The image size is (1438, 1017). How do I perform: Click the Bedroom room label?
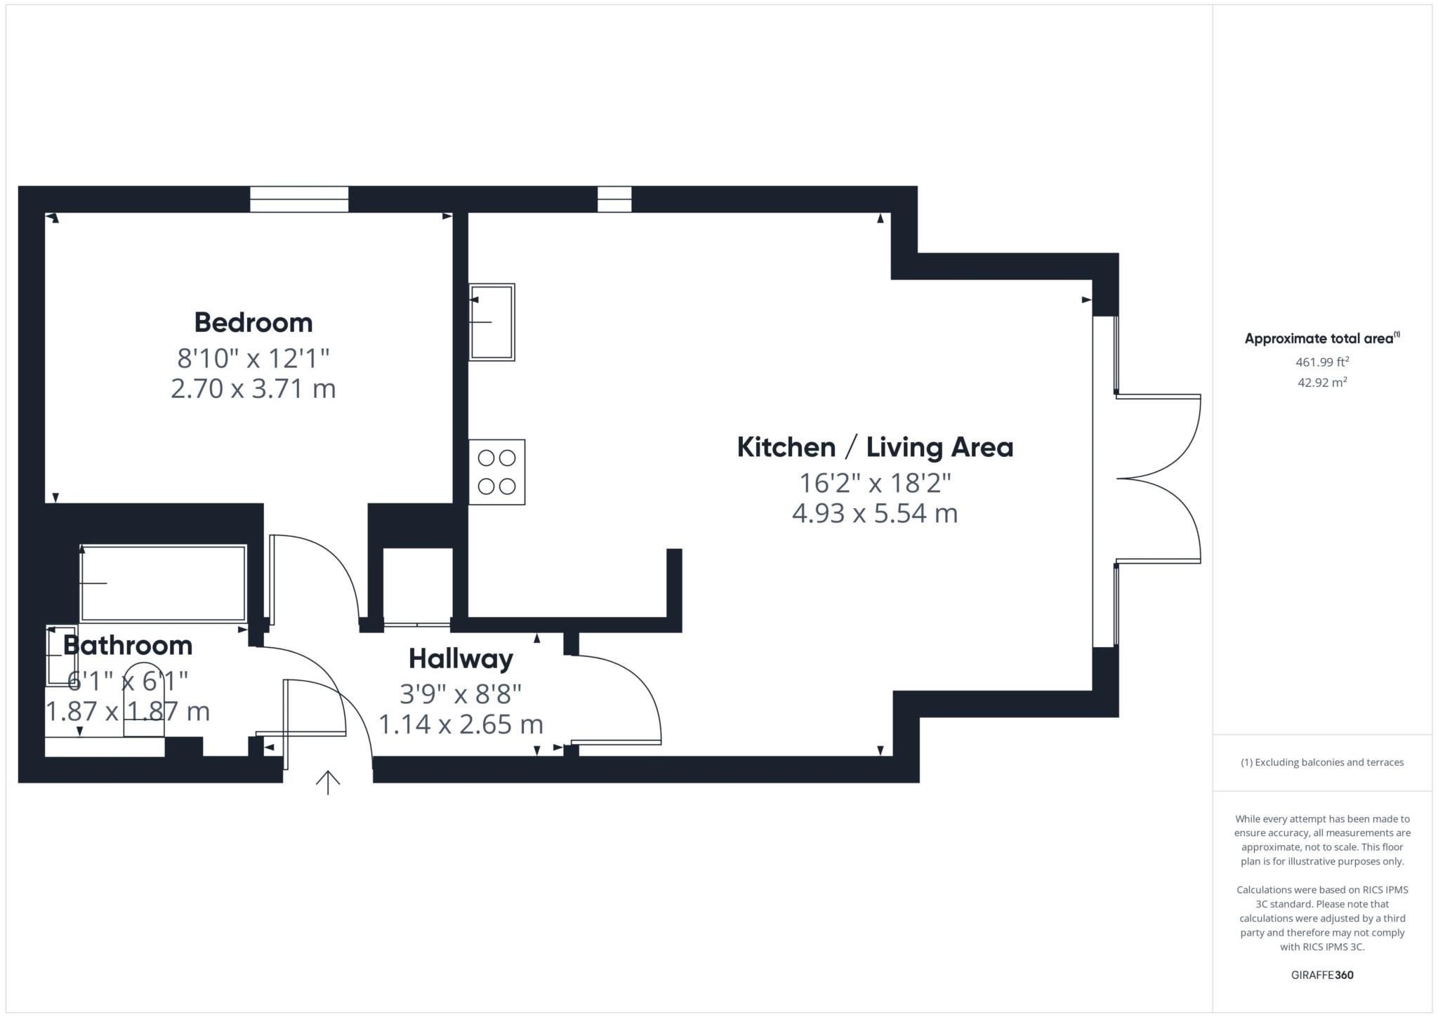[253, 323]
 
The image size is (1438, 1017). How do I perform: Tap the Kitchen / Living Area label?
[875, 447]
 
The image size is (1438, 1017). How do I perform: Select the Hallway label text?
[461, 659]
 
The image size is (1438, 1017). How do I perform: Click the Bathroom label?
[128, 646]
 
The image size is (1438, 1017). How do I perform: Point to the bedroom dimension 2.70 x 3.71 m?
[253, 388]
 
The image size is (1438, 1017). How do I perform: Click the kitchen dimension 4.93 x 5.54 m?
[875, 513]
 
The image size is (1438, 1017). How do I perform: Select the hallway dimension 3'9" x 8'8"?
[461, 694]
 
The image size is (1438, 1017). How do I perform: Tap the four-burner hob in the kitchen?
[497, 472]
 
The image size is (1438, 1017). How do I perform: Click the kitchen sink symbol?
[492, 322]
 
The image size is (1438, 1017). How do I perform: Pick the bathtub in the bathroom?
[163, 583]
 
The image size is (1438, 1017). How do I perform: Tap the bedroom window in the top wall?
[299, 199]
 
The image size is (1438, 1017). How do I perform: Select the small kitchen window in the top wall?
[614, 199]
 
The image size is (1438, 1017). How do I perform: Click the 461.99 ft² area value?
[1322, 363]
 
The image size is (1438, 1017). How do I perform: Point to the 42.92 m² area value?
[1322, 383]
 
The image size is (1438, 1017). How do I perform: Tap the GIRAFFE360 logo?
[1322, 975]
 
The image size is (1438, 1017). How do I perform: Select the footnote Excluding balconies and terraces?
[1322, 762]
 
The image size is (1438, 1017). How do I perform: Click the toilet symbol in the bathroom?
[144, 702]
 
